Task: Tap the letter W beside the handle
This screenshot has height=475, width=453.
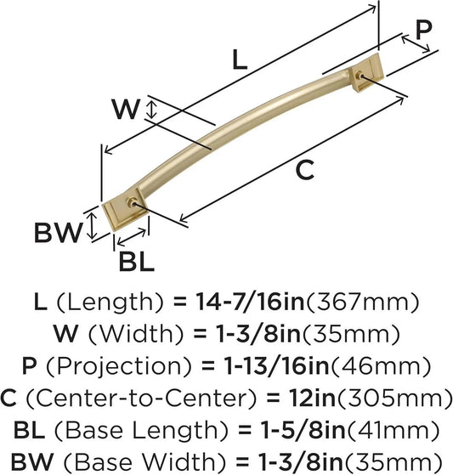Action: pos(127,109)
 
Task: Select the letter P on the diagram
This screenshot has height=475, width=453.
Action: pos(423,31)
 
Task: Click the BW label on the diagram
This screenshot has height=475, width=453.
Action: pos(57,229)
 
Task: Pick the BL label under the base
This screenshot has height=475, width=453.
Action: pos(136,262)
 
